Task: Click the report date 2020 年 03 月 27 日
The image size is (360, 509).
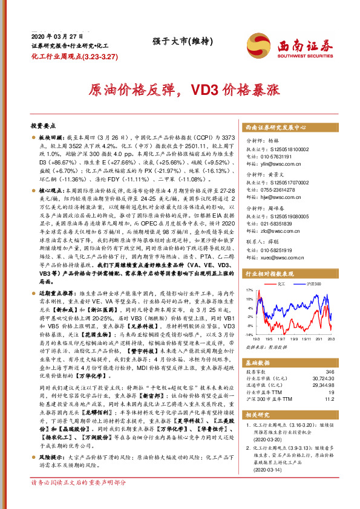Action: pyautogui.click(x=54, y=36)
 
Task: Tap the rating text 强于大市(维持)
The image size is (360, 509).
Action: pyautogui.click(x=175, y=41)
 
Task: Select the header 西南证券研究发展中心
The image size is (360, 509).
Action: pyautogui.click(x=276, y=128)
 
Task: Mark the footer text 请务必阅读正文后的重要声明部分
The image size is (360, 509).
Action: pyautogui.click(x=78, y=500)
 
